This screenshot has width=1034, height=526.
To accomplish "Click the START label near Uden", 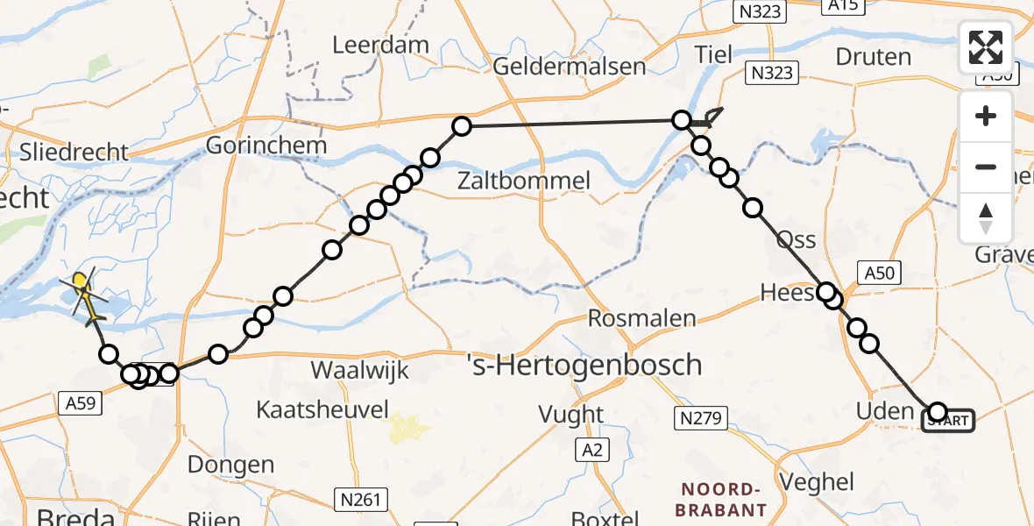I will pos(948,422).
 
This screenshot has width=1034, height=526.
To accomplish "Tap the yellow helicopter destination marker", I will pos(81,283).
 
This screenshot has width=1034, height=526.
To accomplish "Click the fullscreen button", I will pos(986,47).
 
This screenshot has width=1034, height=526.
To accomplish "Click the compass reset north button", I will pos(986,218).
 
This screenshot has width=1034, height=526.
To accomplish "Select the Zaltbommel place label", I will pos(524,181).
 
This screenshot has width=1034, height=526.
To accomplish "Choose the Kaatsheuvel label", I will pos(322,409).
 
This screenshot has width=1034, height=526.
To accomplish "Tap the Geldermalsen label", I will pos(570,67).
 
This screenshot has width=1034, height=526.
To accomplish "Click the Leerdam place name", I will pos(380,45).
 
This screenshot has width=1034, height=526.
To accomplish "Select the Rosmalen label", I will pos(642,317).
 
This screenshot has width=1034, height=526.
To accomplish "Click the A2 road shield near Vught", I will pos(593,451).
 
